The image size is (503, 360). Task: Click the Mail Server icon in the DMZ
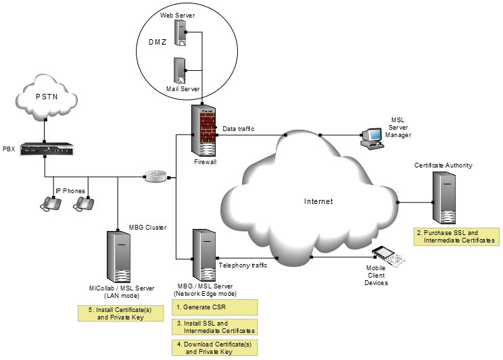point(180,70)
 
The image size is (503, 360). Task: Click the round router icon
point(155,177)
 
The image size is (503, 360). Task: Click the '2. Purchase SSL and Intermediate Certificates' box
point(456,236)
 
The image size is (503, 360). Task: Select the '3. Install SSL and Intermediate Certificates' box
point(214,327)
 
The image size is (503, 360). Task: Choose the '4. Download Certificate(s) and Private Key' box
point(214,347)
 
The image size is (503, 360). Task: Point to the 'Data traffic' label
point(239,128)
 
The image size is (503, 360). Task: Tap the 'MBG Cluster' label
point(147,227)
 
